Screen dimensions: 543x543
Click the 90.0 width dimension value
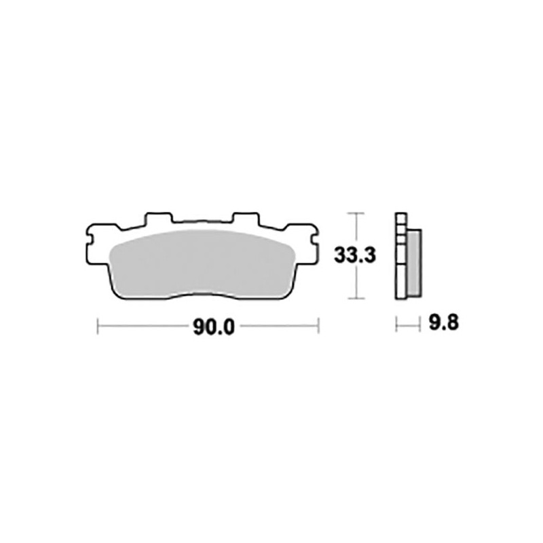213,327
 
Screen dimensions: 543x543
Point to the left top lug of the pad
159,219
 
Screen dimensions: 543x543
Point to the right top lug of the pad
244,219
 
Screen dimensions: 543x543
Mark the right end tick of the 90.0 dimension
318,327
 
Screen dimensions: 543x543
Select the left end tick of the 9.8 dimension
396,324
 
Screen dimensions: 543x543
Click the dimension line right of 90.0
278,327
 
